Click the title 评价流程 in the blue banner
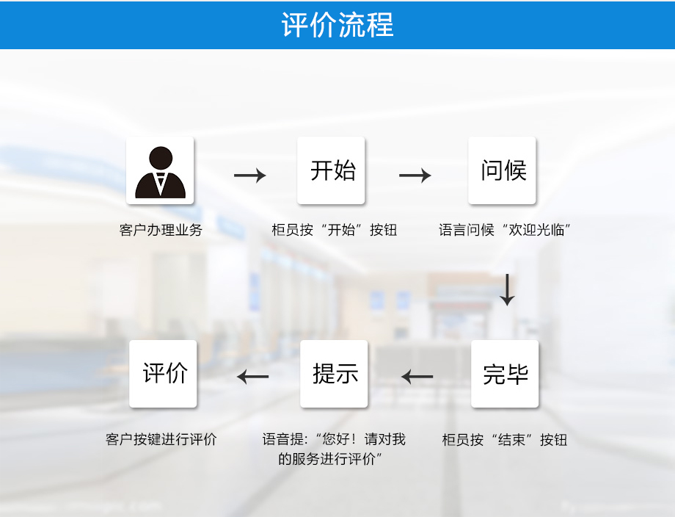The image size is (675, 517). (337, 24)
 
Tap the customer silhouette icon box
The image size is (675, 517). (160, 170)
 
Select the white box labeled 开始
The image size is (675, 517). (331, 170)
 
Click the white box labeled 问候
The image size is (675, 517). (503, 170)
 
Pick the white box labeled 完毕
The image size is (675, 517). (505, 374)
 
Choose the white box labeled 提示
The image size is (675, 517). (334, 374)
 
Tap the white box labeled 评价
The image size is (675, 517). (163, 374)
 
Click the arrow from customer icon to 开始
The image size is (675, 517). (249, 176)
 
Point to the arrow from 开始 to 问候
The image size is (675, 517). (415, 176)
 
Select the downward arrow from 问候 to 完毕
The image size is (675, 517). (507, 289)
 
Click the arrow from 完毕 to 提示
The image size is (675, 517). (417, 377)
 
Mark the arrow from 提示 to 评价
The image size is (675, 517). (253, 377)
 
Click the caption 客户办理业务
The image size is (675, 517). (161, 230)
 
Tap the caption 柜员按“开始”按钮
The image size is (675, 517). (334, 230)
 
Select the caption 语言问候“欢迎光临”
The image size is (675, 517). (505, 230)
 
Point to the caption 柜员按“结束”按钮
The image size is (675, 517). (505, 440)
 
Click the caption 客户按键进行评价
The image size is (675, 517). (161, 440)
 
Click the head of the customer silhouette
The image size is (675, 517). (160, 158)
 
